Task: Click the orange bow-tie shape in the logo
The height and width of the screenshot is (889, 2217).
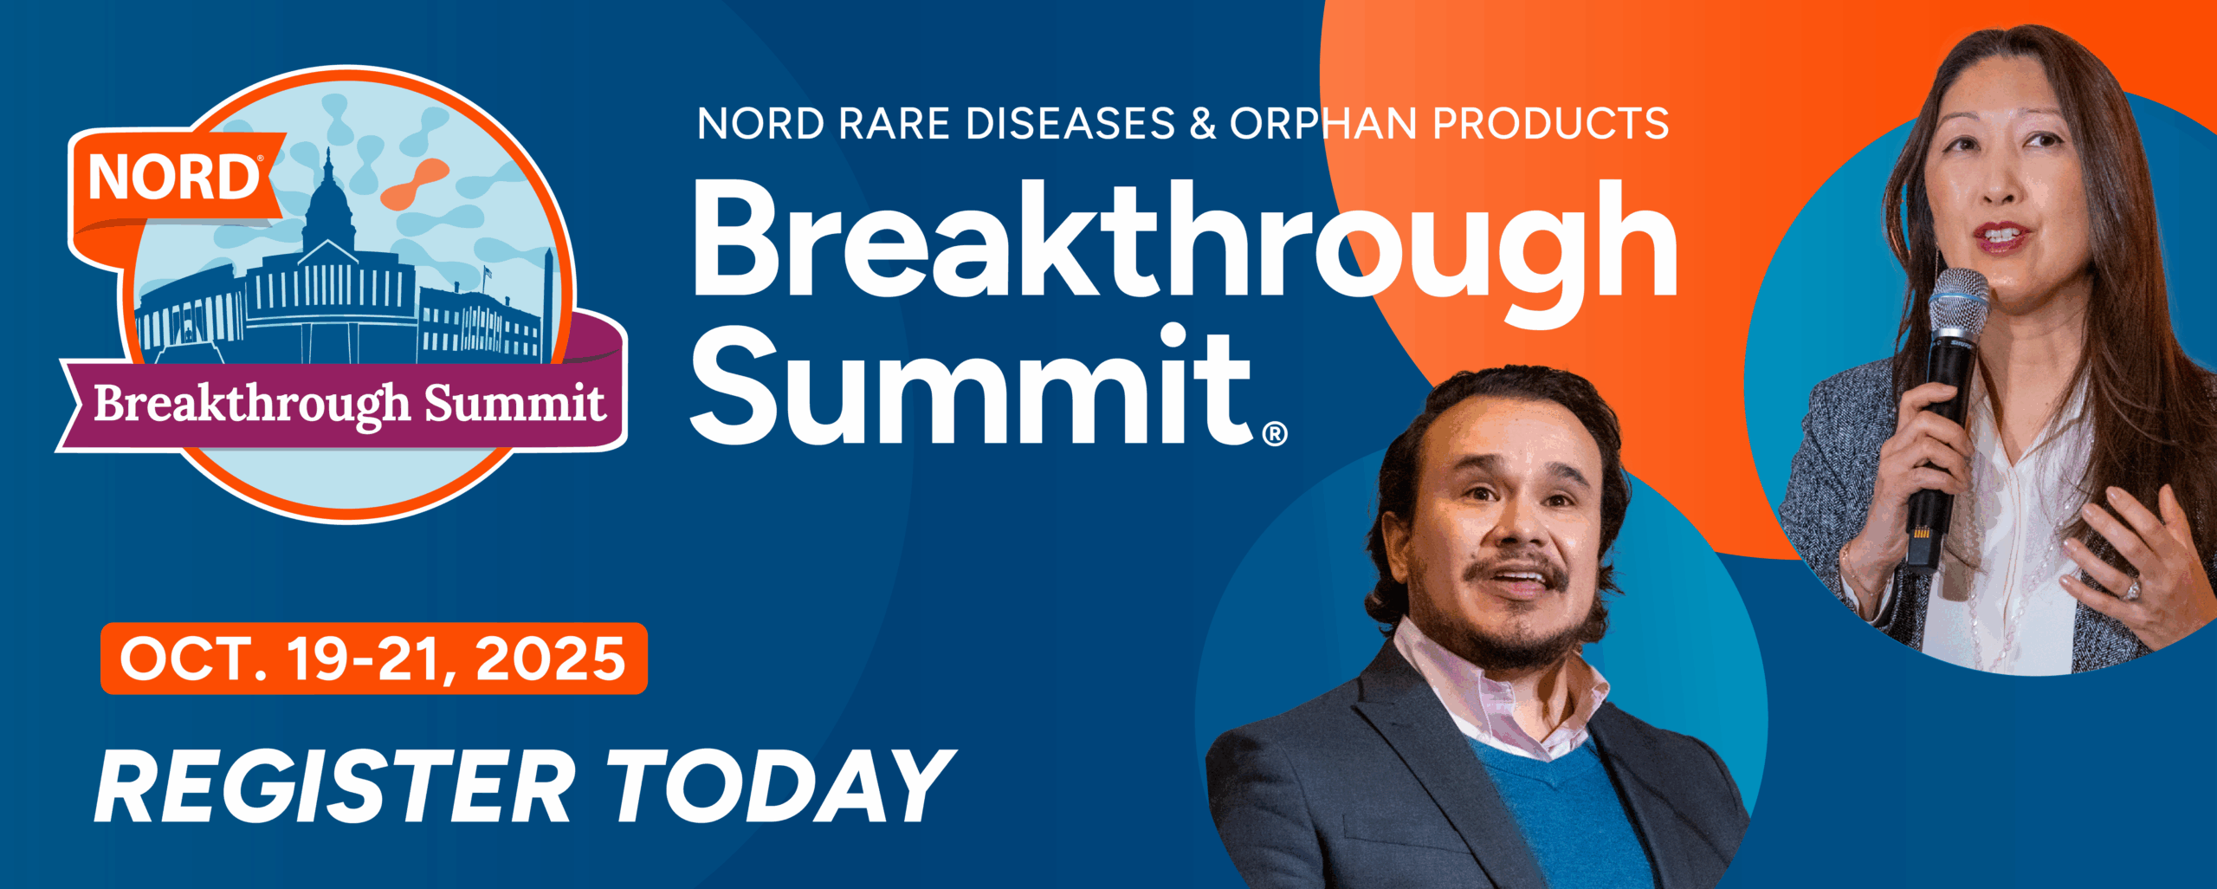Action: (x=414, y=184)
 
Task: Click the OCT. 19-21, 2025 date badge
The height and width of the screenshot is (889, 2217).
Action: (x=374, y=659)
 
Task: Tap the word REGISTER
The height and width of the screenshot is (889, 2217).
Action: (x=334, y=786)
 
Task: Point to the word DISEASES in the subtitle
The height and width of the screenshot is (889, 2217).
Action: (x=1070, y=124)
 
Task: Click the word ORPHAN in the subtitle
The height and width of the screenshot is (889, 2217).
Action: (x=1325, y=124)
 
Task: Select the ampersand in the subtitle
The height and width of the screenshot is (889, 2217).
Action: (x=1203, y=124)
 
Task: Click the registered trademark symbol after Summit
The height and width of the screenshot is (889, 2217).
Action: (x=1275, y=433)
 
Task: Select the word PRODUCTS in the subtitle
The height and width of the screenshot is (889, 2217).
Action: (x=1551, y=124)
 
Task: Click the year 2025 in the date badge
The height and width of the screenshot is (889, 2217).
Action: (x=550, y=659)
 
